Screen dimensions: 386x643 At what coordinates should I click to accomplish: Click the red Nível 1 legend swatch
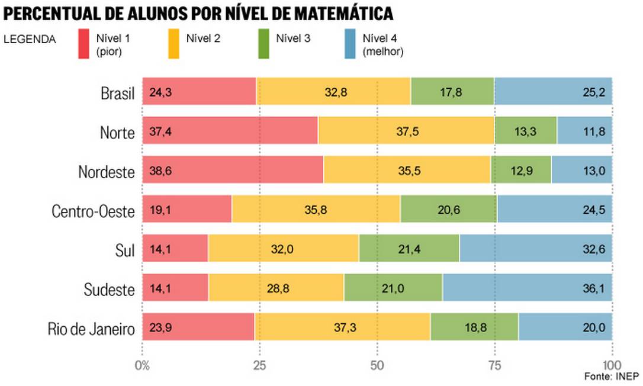coord(83,45)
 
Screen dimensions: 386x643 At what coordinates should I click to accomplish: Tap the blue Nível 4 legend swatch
coord(350,45)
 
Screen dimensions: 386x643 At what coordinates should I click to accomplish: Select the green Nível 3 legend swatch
coord(263,45)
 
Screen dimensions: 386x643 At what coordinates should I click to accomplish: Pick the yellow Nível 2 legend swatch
coord(173,45)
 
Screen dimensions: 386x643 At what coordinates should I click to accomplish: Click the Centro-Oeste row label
coord(93,211)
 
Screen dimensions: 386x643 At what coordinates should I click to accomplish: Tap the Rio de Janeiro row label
coord(91,329)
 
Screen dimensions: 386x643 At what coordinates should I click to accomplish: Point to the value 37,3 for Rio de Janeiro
coord(342,329)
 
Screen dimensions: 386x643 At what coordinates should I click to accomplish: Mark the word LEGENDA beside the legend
coord(30,40)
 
